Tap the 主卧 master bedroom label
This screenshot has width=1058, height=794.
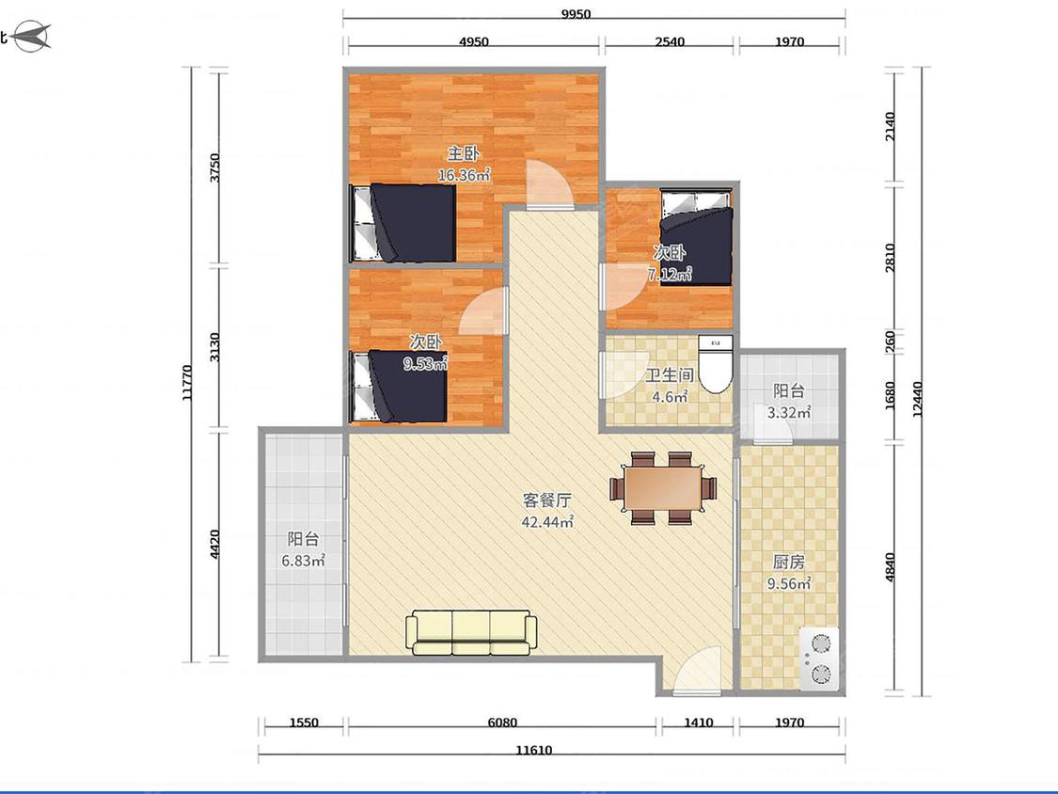tap(464, 154)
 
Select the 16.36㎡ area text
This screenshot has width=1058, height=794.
tap(464, 175)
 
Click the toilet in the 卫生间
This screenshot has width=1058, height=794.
tap(715, 364)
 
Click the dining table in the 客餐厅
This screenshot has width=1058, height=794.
tap(663, 487)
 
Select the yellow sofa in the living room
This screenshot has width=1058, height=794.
tap(470, 632)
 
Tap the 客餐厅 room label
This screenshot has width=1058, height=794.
tap(547, 500)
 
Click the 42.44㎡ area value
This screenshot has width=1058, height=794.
tap(547, 521)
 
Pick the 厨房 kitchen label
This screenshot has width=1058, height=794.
tap(788, 562)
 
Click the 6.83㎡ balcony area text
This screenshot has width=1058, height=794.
tap(303, 561)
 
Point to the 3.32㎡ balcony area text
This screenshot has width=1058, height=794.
tap(788, 412)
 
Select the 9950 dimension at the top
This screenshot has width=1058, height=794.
tap(576, 14)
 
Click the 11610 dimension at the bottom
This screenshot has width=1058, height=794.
tap(534, 750)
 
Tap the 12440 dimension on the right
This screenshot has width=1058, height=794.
tap(916, 399)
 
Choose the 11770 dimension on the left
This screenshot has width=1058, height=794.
tap(187, 383)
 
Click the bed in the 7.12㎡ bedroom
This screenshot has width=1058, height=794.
tap(696, 237)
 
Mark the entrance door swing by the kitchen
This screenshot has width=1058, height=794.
tap(697, 669)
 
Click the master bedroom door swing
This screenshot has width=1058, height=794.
tap(550, 183)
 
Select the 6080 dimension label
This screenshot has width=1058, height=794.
tap(502, 723)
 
